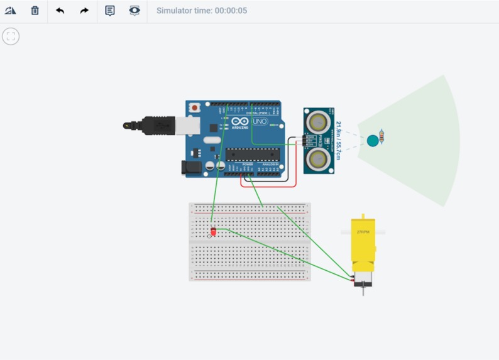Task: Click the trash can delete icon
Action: (x=35, y=11)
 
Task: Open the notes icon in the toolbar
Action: (x=110, y=11)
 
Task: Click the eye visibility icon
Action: (x=134, y=11)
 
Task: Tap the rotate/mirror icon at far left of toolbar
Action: (x=10, y=11)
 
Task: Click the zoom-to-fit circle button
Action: (x=11, y=36)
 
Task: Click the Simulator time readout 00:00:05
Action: (x=202, y=11)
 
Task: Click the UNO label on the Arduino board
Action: (x=260, y=121)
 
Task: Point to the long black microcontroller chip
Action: (x=253, y=155)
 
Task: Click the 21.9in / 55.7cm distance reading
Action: (x=338, y=140)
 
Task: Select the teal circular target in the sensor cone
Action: (x=373, y=140)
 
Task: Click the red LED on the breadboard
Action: (x=213, y=232)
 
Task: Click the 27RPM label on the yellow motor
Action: (x=362, y=232)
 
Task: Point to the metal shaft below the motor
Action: (x=363, y=290)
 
